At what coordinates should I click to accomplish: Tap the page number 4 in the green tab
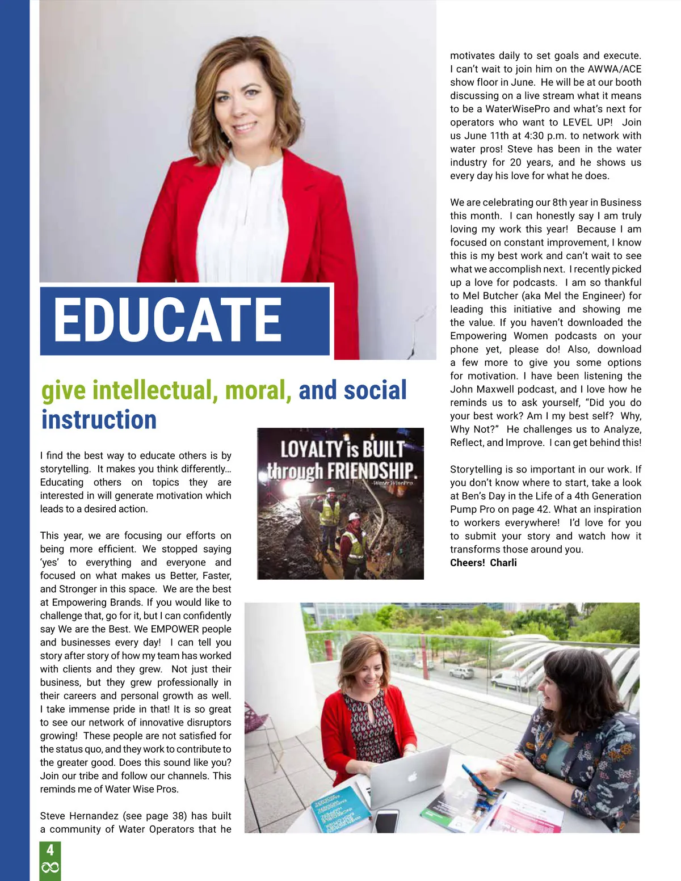coord(50,849)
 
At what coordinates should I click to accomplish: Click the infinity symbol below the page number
coord(50,867)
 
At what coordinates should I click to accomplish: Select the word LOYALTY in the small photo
coord(311,449)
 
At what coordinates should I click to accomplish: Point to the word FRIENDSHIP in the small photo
coord(372,471)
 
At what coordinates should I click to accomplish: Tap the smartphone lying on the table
coord(386,820)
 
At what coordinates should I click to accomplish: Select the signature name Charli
coord(503,563)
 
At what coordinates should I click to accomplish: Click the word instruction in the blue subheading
coord(99,420)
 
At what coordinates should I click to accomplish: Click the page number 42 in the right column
coord(543,509)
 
